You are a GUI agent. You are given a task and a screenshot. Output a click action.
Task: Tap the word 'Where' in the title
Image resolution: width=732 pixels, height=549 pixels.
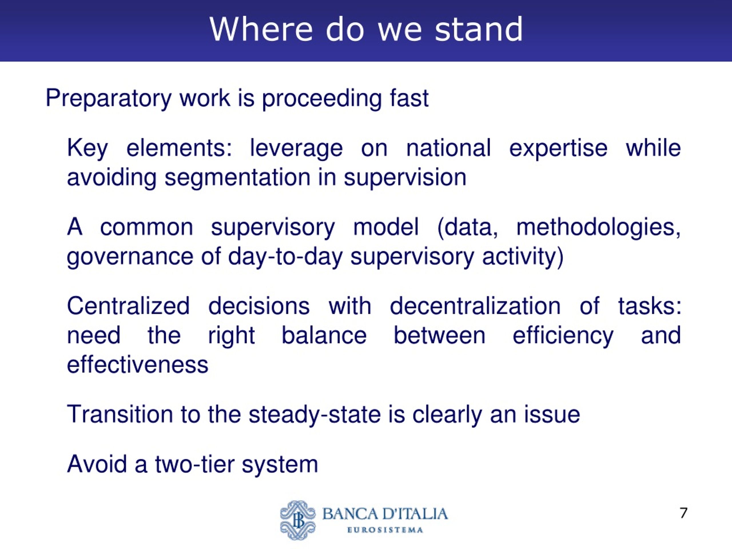(x=261, y=29)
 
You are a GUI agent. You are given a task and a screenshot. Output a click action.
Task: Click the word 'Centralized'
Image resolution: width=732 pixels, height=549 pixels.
(x=128, y=306)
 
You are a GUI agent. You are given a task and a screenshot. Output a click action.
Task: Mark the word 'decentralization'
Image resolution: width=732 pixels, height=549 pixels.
(x=475, y=306)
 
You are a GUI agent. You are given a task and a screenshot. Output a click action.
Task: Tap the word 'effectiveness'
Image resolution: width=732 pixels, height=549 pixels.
(x=138, y=365)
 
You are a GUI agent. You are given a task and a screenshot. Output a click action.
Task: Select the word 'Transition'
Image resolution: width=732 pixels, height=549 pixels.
(x=120, y=414)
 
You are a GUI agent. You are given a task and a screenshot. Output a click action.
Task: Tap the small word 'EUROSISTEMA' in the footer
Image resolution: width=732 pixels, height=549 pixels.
(x=385, y=530)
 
